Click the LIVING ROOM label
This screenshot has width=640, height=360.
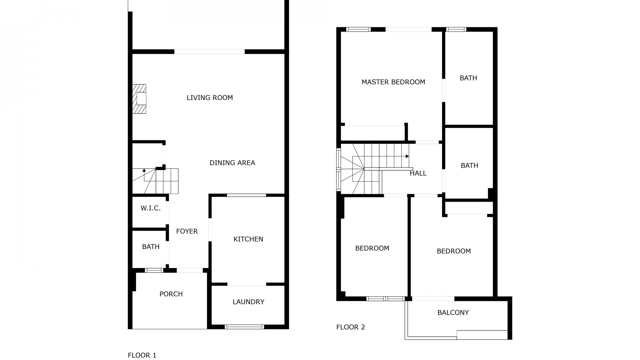(210, 98)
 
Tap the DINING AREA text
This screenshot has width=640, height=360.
(232, 163)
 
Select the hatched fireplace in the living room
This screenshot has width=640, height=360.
(139, 99)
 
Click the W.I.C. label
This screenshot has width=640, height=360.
(151, 208)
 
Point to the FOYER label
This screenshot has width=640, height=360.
(187, 231)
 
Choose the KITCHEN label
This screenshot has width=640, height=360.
(248, 239)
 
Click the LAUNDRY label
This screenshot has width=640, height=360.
(248, 302)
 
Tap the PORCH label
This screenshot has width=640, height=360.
(171, 294)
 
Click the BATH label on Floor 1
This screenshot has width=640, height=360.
(151, 247)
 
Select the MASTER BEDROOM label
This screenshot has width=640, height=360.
(393, 82)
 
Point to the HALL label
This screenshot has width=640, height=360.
(418, 173)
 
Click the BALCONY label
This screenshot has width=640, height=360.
(453, 312)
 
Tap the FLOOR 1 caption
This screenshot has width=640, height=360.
(142, 355)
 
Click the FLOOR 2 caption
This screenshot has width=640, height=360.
(351, 327)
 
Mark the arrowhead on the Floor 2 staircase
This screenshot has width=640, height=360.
(407, 156)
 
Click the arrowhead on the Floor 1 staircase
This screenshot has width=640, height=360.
(144, 170)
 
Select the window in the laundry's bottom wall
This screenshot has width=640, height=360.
(244, 327)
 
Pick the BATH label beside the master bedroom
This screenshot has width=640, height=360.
(468, 78)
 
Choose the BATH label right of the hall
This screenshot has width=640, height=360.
(469, 165)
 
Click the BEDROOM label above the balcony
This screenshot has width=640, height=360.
(454, 251)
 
